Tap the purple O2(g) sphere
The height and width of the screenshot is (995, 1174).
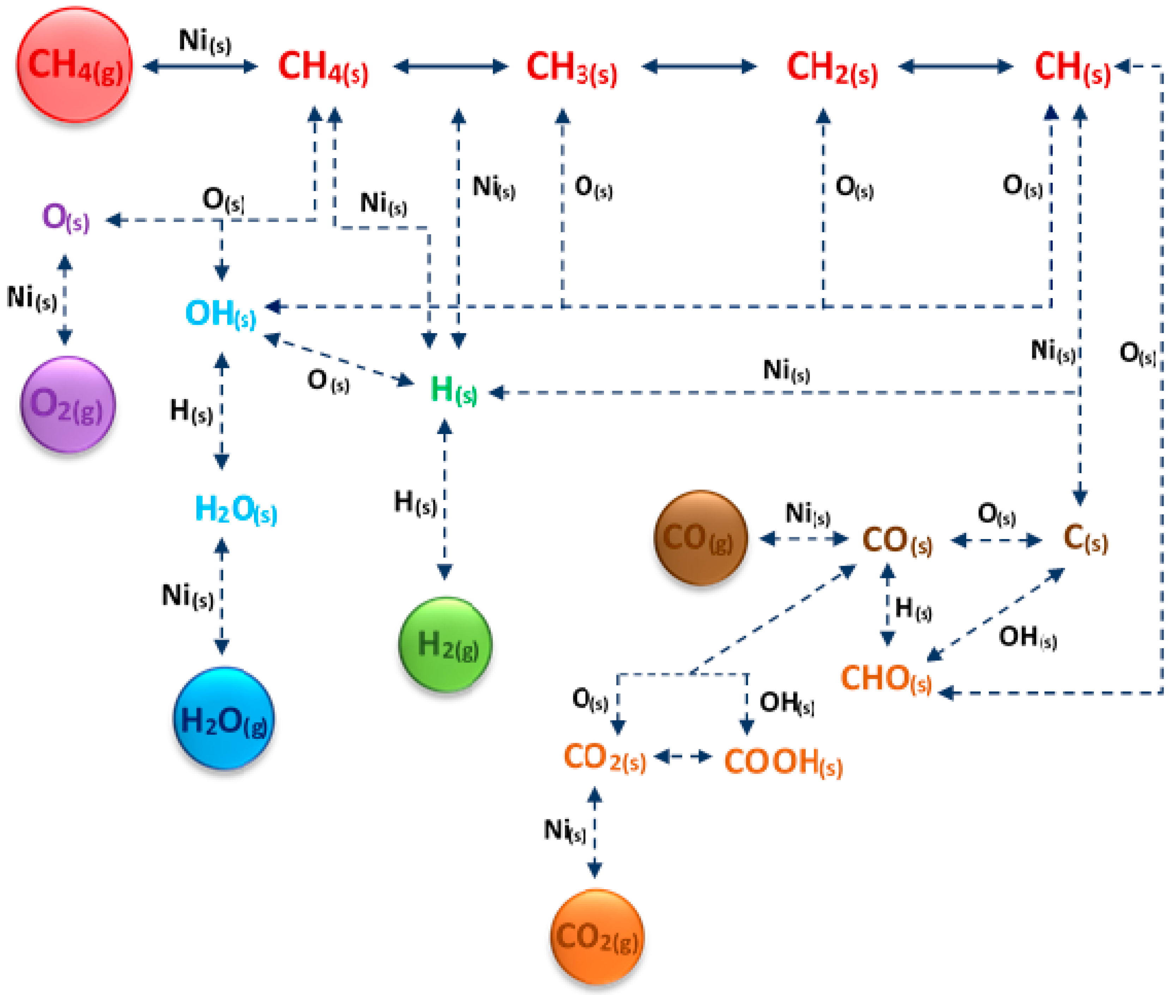[68, 404]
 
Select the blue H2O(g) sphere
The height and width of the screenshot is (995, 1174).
[224, 719]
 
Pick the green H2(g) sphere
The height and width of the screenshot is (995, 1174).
[446, 644]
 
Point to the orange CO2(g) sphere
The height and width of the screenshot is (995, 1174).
[597, 937]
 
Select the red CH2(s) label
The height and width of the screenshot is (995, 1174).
[832, 68]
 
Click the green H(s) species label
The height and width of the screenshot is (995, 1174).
[453, 390]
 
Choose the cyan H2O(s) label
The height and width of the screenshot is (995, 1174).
[236, 509]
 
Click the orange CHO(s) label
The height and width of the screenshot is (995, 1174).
[886, 679]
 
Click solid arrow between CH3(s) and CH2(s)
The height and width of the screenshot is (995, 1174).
[699, 67]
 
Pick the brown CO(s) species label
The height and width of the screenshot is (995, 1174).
[897, 540]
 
